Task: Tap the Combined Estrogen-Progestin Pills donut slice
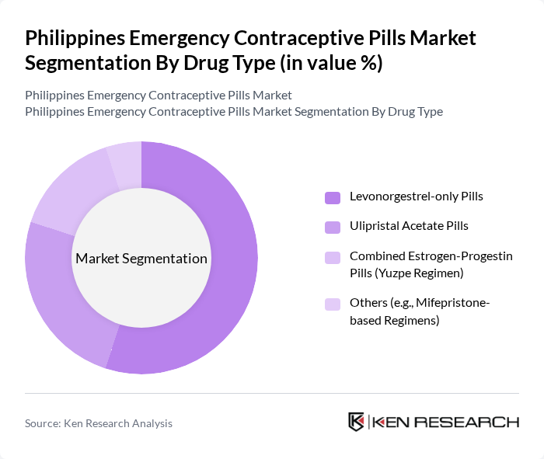[x=74, y=186]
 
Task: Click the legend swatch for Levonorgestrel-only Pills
[x=333, y=197]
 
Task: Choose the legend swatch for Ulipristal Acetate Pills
[x=333, y=227]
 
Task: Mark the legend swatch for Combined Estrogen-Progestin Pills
[x=333, y=257]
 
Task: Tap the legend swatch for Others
[x=333, y=304]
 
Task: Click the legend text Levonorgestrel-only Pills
[x=416, y=196]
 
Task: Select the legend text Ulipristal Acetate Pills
[x=409, y=226]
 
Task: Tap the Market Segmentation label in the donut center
[x=141, y=259]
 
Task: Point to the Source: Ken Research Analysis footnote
[x=99, y=423]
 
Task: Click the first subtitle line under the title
[x=159, y=96]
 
